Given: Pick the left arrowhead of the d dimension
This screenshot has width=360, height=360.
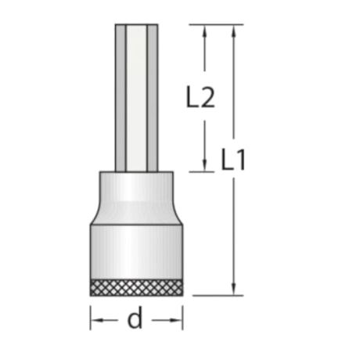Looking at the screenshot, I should click(95, 319).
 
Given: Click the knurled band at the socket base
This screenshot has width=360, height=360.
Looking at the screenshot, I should click(137, 286).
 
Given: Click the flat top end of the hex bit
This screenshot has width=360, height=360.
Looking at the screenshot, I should click(137, 26).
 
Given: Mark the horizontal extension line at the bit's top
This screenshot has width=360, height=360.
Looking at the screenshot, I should click(211, 24).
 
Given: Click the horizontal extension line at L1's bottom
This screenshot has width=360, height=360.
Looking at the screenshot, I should click(215, 296).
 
